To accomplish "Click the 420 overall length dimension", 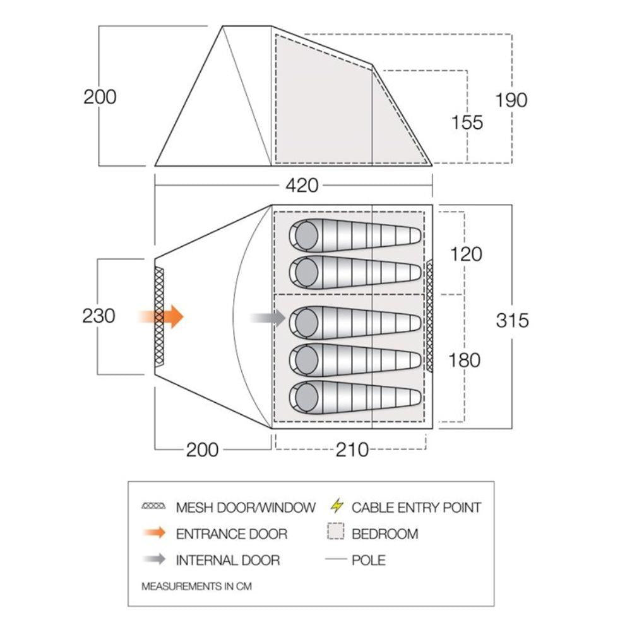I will pyautogui.click(x=302, y=186).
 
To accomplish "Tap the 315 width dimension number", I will pyautogui.click(x=511, y=320).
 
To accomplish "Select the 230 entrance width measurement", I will pyautogui.click(x=98, y=316).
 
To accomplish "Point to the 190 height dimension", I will pyautogui.click(x=511, y=100).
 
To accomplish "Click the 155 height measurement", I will pyautogui.click(x=467, y=122).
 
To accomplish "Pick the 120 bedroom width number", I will pyautogui.click(x=467, y=254).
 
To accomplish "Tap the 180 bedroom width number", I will pyautogui.click(x=464, y=361).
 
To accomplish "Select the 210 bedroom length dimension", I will pyautogui.click(x=352, y=450).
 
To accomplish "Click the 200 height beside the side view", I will pyautogui.click(x=100, y=97).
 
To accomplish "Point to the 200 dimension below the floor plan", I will pyautogui.click(x=202, y=450).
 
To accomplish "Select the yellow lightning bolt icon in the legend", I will pyautogui.click(x=338, y=506).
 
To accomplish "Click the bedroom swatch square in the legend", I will pyautogui.click(x=337, y=534).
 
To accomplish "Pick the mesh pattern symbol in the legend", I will pyautogui.click(x=154, y=507).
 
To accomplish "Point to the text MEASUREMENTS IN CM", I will pyautogui.click(x=196, y=586).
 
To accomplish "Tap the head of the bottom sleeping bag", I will pyautogui.click(x=305, y=396).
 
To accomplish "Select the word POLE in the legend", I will pyautogui.click(x=368, y=560).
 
